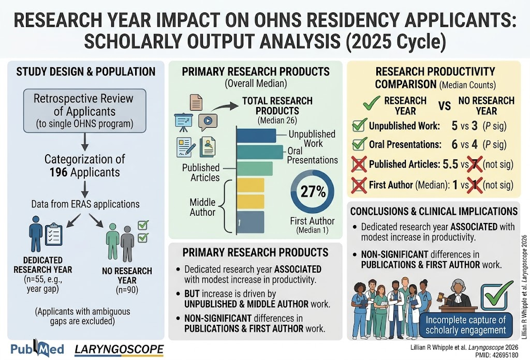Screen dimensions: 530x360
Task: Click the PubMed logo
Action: pyautogui.click(x=37, y=349)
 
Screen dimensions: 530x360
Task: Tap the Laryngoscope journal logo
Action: pyautogui.click(x=119, y=350)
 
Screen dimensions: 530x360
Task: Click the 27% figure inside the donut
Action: pyautogui.click(x=313, y=191)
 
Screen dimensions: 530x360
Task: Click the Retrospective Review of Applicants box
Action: pyautogui.click(x=85, y=111)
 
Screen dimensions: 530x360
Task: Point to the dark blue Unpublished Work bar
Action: pyautogui.click(x=256, y=136)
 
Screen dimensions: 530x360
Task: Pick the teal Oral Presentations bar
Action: pyautogui.click(x=260, y=152)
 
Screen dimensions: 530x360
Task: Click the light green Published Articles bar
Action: pyautogui.click(x=255, y=169)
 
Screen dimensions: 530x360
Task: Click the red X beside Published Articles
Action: pyautogui.click(x=359, y=164)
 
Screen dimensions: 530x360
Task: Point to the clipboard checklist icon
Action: pyautogui.click(x=53, y=234)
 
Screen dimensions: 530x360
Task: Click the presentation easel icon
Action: pyautogui.click(x=184, y=122)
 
